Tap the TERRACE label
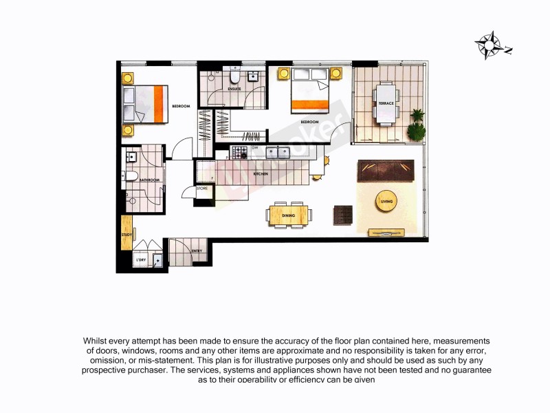pos(386,103)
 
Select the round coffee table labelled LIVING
pos(386,201)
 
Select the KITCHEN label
pos(261,174)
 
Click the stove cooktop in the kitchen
pos(241,152)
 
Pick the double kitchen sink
pos(280,152)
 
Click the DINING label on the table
pos(289,216)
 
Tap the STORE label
pos(202,188)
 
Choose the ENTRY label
pos(196,251)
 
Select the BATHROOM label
pos(149,180)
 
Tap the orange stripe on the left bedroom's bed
pos(159,104)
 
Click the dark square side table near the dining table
pos(342,215)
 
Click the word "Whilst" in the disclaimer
pos(96,341)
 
